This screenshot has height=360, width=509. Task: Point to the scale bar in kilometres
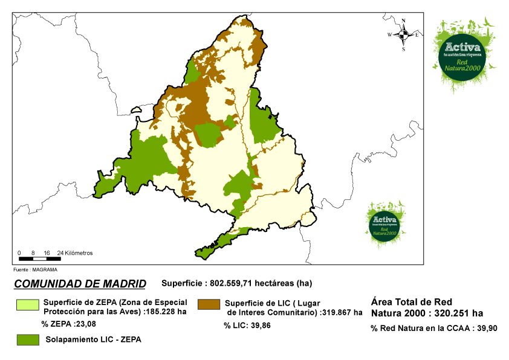tap(37, 259)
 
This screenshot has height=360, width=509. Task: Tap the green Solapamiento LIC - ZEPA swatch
tap(27, 339)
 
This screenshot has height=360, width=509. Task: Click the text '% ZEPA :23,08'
tap(69, 324)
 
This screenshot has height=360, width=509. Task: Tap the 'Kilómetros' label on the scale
tap(79, 252)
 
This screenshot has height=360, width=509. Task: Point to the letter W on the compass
tap(391, 35)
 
